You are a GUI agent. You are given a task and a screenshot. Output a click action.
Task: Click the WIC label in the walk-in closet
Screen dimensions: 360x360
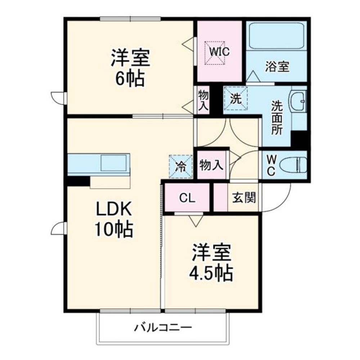point(219,52)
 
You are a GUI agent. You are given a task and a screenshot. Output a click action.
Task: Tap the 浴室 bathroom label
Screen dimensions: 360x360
point(277,66)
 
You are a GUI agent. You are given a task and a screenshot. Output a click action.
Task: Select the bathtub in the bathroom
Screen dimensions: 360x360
point(276,36)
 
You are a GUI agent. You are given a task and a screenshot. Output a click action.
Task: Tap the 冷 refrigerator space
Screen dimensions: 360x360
point(181,167)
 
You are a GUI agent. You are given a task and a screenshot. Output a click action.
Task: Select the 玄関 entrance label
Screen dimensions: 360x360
point(244,198)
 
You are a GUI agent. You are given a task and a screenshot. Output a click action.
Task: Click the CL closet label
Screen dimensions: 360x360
point(187,198)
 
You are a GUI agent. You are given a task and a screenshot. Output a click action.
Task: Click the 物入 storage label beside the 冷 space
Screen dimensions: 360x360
point(212,166)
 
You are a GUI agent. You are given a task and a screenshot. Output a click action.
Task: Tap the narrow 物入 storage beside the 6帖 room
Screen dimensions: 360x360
point(203,100)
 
